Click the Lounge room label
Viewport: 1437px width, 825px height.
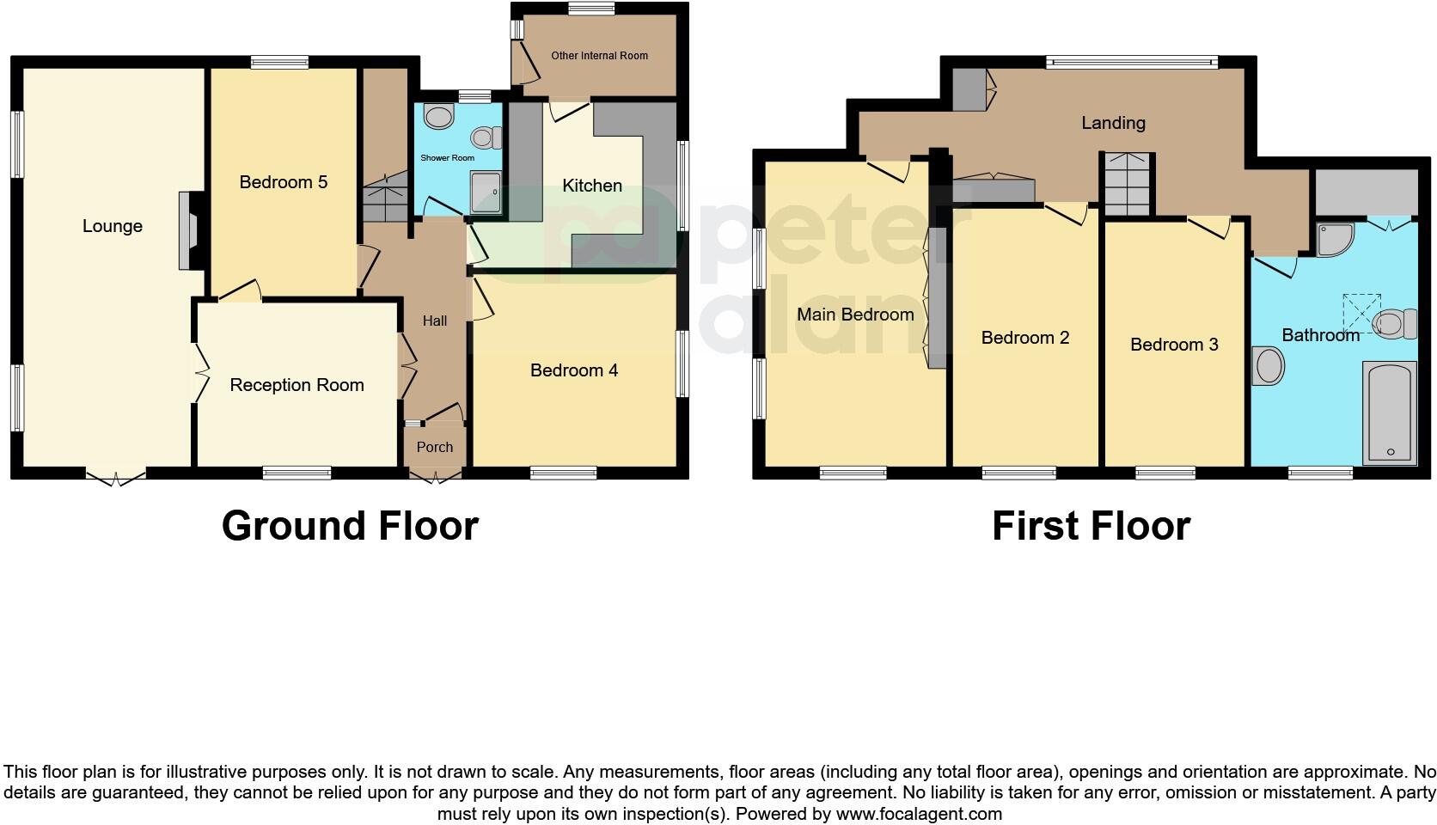113,226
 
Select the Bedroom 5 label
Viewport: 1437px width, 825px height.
284,182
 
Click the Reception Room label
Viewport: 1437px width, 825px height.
297,385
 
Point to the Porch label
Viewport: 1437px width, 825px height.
435,447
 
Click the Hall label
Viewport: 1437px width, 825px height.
435,321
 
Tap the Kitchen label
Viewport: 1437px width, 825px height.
592,186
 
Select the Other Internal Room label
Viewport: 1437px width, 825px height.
600,56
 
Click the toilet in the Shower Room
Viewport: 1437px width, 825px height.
487,137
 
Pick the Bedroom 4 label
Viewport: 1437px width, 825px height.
574,370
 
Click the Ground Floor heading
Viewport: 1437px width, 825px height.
350,526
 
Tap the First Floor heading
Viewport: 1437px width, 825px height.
1091,526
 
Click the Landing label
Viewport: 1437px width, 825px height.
1113,123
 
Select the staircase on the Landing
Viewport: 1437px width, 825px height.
1127,185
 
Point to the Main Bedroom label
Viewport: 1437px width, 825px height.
855,315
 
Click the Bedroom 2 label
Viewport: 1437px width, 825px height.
1025,338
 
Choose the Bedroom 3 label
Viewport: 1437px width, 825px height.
1174,345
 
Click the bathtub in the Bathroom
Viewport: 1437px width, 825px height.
1390,412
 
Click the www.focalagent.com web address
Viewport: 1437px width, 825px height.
919,813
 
